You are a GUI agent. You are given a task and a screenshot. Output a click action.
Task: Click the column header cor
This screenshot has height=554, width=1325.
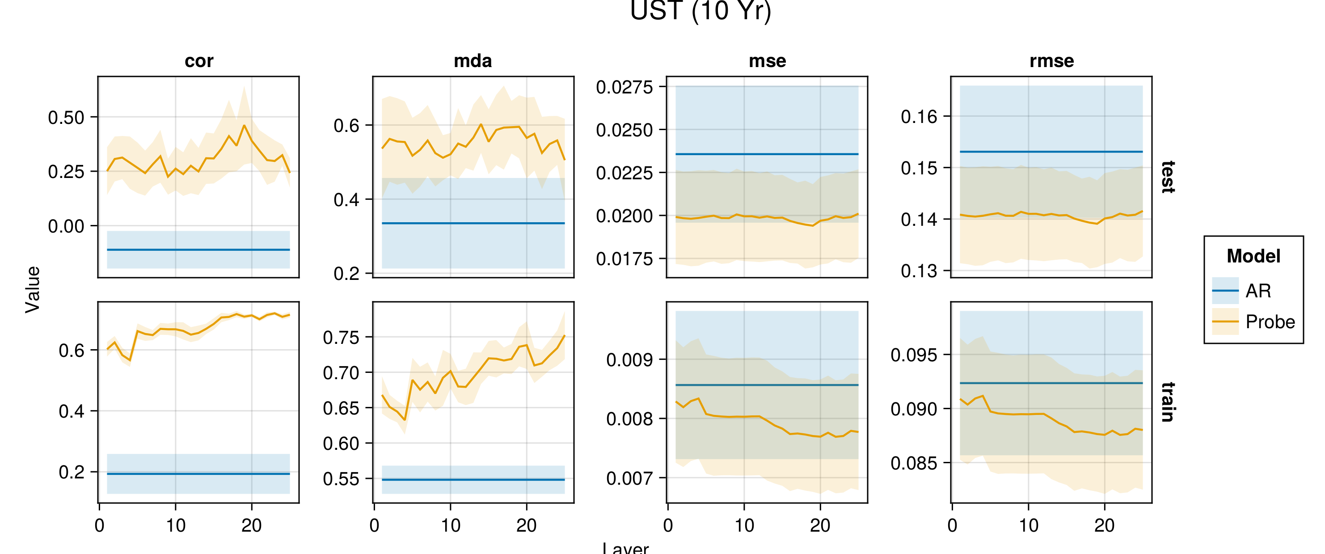[198, 61]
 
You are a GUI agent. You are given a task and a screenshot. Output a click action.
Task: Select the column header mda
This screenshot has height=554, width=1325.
[473, 61]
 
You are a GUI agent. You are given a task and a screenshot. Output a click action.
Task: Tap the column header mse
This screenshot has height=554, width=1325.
[767, 61]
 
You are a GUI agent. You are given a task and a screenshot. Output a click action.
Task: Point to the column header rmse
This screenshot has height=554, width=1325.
[1051, 61]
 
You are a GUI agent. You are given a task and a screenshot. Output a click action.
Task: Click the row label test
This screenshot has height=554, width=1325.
[1168, 177]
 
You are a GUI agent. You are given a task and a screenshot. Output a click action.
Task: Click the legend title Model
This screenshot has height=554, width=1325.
[1253, 256]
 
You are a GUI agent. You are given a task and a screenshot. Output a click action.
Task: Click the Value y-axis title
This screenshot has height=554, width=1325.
[32, 289]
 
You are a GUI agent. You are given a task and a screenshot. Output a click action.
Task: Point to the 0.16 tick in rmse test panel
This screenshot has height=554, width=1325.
[919, 117]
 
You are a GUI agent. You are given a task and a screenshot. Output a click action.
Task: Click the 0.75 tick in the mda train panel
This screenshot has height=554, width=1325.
[341, 338]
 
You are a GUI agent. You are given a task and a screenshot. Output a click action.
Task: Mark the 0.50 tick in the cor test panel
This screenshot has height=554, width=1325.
[66, 117]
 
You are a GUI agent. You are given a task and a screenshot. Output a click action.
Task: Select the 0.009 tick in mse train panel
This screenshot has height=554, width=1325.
[629, 359]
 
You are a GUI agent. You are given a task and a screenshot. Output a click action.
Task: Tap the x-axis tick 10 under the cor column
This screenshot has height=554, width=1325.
[175, 525]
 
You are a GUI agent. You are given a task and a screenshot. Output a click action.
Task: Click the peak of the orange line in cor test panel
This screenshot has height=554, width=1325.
[245, 126]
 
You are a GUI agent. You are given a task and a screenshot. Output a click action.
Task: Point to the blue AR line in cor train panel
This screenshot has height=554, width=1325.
[198, 474]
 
